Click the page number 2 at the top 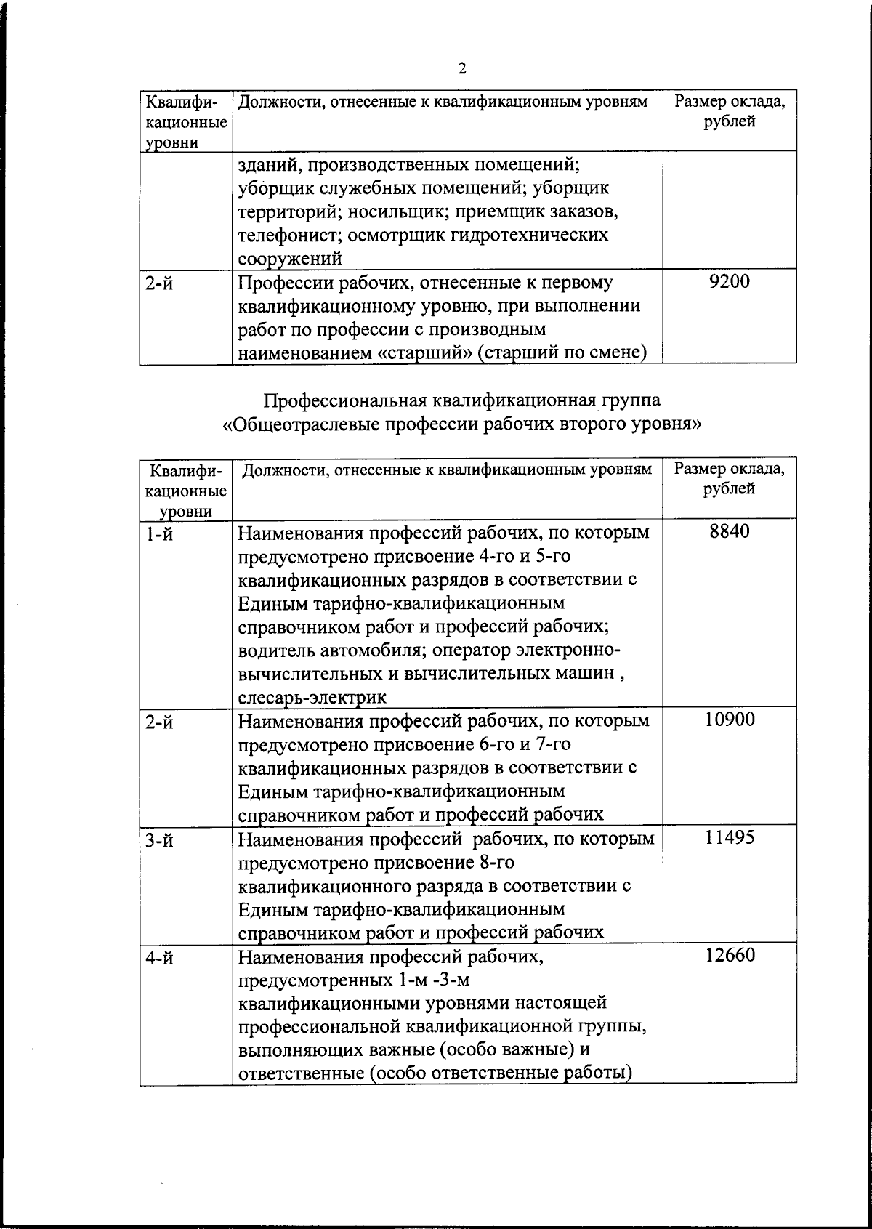click(462, 69)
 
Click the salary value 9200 click(729, 281)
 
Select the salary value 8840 click(729, 531)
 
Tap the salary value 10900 click(729, 720)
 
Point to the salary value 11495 click(729, 837)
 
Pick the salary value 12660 click(729, 955)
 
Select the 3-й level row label click(159, 841)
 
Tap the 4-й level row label click(159, 959)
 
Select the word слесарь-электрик click(312, 698)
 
